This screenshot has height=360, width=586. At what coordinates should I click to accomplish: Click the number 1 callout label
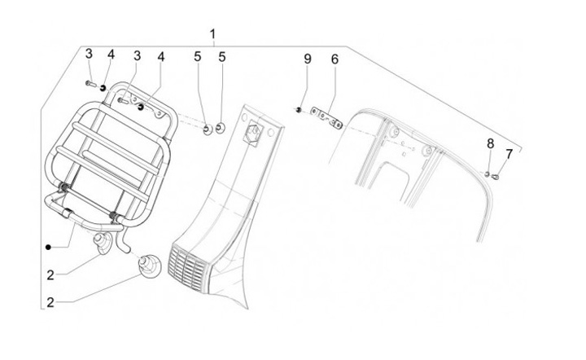tap(212, 34)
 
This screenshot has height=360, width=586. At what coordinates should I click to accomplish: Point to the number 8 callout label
tap(490, 143)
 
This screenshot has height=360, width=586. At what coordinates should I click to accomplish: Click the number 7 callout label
tap(509, 153)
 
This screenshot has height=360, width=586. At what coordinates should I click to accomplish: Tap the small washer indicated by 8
tap(487, 173)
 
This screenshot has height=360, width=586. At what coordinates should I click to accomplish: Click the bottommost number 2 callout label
tap(50, 302)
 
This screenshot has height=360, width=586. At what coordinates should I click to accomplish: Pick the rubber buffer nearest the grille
tap(147, 266)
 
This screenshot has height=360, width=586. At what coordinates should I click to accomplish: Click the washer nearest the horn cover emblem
tap(221, 129)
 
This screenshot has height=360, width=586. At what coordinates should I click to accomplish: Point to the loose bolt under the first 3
tap(89, 84)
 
